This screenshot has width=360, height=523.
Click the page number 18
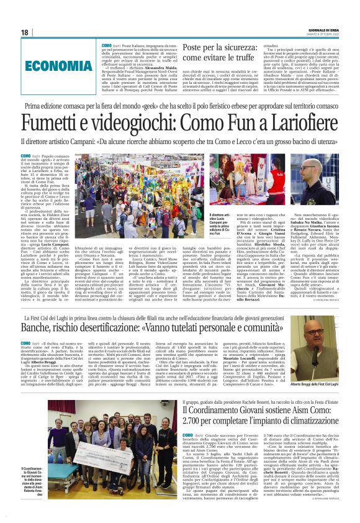25,32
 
